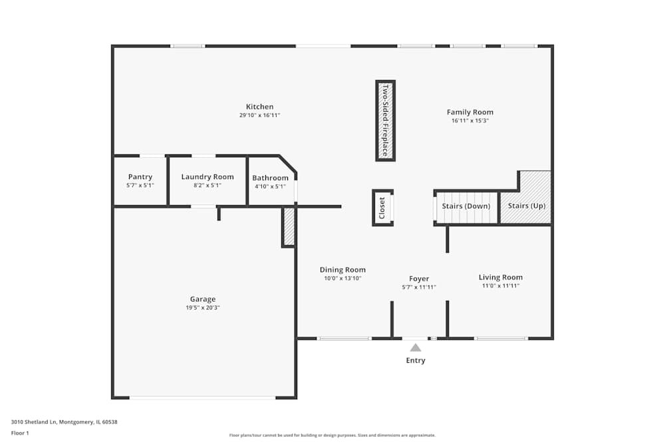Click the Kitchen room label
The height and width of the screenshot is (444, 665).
point(259,107)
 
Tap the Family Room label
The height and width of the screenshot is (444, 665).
point(469,112)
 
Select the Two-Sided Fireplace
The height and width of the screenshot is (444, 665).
point(385,120)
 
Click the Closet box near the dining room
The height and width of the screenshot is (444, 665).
point(382,208)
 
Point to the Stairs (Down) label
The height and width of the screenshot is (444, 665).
point(465,206)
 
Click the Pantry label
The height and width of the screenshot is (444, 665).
point(140,177)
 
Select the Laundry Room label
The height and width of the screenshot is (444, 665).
point(207,177)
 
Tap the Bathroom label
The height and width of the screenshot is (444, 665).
point(270,178)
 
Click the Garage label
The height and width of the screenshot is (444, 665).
point(203,299)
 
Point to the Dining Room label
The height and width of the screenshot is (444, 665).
point(342,270)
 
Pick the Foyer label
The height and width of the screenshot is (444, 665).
point(419,279)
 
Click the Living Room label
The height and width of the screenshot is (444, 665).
point(500,277)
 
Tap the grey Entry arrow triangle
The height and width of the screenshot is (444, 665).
point(416,347)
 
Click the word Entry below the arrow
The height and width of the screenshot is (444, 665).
point(416,361)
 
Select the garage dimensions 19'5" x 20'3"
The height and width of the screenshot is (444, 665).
point(203,308)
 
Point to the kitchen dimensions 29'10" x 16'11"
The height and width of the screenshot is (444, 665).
point(259,115)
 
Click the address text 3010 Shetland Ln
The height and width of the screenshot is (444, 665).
point(35,421)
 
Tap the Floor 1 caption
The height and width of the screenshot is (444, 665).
point(20,433)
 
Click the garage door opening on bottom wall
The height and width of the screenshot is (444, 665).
point(202,397)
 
